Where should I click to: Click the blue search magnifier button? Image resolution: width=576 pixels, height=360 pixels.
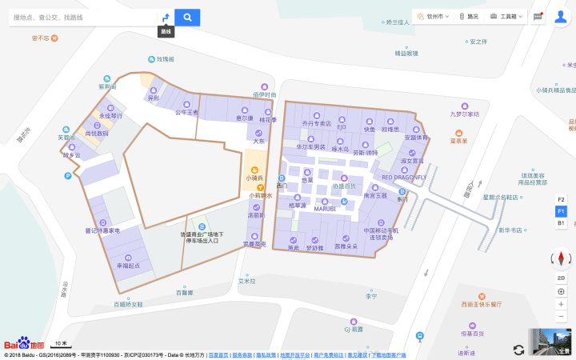coord(187,17)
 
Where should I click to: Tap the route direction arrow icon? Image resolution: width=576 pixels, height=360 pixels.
coord(165,17)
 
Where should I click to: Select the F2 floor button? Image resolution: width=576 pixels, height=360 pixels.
coord(561,199)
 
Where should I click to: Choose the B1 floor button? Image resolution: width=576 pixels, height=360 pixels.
coord(561,222)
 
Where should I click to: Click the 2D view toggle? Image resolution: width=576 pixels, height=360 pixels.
coord(561,277)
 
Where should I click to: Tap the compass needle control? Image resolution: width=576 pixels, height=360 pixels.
coord(561,258)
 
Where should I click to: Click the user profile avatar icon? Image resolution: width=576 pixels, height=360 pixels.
coord(560,16)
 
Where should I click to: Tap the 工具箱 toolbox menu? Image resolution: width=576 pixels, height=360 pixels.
coord(506,16)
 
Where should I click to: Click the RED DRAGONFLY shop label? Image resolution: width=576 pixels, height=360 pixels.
coord(404,178)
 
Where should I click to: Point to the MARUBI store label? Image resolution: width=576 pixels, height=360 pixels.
coord(324,210)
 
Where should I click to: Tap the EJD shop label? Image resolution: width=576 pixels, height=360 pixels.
coord(342,126)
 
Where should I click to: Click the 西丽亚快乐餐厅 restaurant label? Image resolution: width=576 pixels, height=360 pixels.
coord(482,304)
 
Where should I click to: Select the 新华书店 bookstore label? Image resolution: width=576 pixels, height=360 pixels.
coord(510,230)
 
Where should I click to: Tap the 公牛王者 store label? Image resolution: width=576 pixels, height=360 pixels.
coord(186,113)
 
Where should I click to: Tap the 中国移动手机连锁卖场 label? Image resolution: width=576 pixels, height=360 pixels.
coord(381,234)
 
